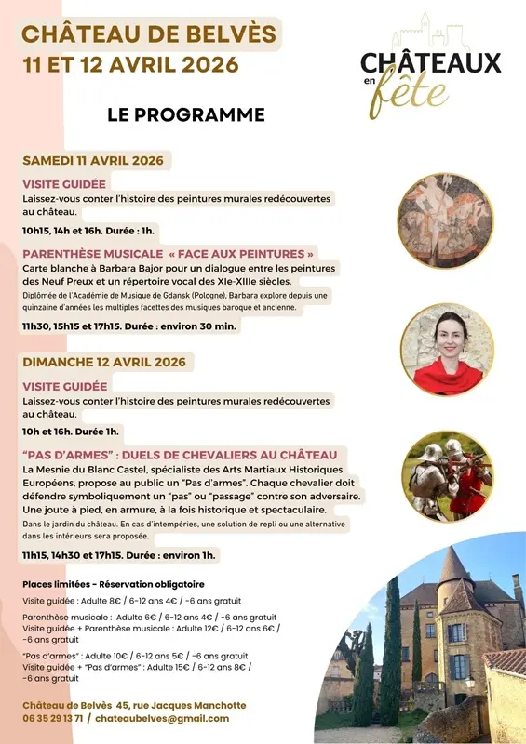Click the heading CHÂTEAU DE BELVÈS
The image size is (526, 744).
(149, 35)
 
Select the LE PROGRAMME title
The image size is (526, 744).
(186, 115)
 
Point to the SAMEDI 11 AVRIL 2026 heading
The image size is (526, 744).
(93, 160)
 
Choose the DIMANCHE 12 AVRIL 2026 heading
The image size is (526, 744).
(104, 362)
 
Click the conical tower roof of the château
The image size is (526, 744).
(453, 565)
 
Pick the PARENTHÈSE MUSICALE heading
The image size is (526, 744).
(90, 253)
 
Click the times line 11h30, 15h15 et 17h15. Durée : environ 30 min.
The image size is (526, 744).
(129, 326)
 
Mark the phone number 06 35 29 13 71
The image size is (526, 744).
(53, 718)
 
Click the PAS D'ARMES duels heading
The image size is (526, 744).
(180, 455)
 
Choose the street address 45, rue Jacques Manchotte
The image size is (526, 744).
(178, 705)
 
